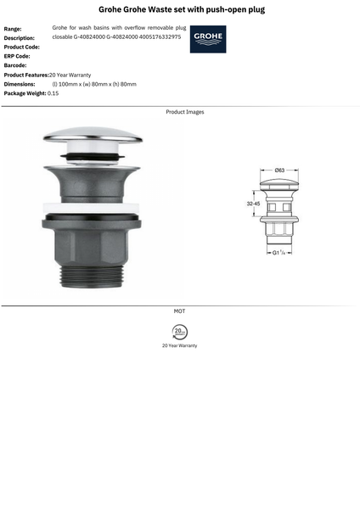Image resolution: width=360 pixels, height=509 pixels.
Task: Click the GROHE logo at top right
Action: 208,39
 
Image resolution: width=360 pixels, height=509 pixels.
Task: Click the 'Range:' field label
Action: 13,29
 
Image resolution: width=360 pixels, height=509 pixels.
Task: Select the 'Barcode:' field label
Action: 15,65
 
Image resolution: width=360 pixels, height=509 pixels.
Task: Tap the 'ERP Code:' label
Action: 17,56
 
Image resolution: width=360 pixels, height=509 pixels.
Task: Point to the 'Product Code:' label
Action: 22,47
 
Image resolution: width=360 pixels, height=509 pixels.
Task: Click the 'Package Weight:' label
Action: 25,93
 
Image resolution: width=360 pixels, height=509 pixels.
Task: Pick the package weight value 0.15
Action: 53,93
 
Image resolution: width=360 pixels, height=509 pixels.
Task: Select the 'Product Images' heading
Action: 184,112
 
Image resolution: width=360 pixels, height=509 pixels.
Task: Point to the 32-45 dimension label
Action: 253,204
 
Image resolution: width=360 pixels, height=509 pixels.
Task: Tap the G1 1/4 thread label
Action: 278,252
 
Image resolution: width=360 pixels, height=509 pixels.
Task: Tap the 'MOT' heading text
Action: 179,311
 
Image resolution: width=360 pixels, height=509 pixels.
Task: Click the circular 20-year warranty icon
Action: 179,330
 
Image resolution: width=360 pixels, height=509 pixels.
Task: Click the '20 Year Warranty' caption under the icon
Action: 179,346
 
